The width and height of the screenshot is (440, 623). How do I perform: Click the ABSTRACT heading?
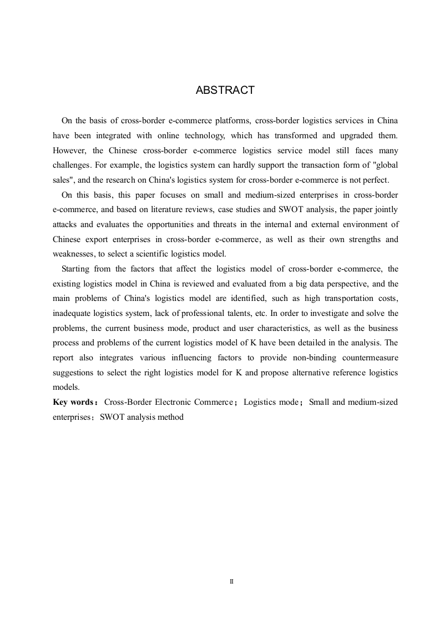(225, 91)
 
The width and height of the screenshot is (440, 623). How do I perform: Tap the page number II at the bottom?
(231, 581)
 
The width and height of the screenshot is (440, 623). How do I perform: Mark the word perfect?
(377, 180)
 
